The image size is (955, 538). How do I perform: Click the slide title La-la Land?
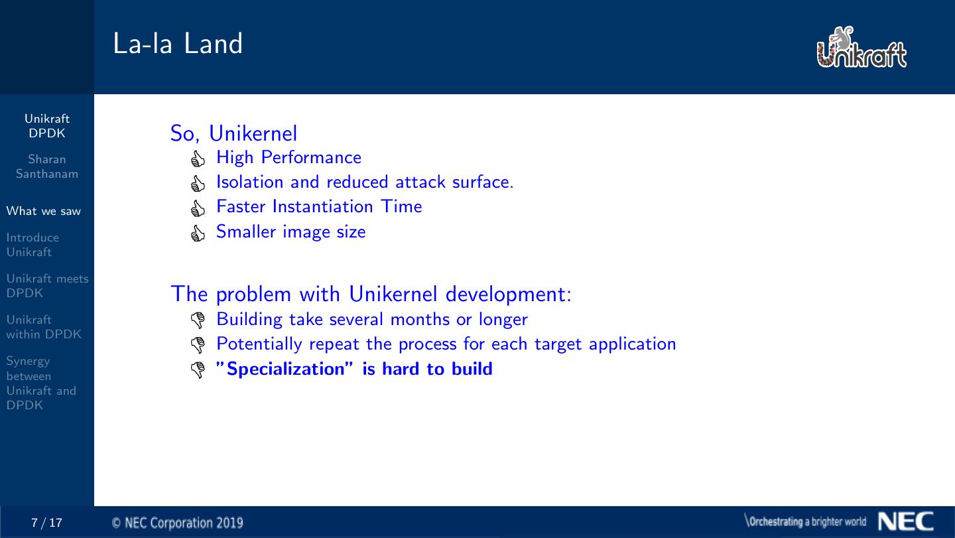point(178,44)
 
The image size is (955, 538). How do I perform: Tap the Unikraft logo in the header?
point(861,47)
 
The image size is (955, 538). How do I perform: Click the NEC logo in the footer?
point(905,521)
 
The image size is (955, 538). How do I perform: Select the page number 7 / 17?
point(46,523)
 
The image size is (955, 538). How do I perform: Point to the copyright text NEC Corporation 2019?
point(177,523)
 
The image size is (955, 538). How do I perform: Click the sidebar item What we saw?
point(44,211)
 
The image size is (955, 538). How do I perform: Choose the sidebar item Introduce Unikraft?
point(32,245)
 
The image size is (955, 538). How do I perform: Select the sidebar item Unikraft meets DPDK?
point(47,286)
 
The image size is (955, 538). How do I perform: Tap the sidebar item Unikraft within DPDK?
point(44,327)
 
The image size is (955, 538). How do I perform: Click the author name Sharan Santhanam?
point(47,167)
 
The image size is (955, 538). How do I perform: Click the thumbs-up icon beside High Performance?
point(198,159)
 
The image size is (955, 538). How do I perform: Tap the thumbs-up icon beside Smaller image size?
point(198,234)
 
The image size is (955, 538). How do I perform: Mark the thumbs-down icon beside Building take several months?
point(198,320)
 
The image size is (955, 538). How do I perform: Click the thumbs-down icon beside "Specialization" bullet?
point(198,370)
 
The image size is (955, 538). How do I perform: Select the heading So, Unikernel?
point(233,133)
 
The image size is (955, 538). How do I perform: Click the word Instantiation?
point(323,206)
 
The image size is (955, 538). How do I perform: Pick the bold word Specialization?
point(285,370)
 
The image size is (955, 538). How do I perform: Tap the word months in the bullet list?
point(420,319)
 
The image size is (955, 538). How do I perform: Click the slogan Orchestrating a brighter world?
point(806,521)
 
